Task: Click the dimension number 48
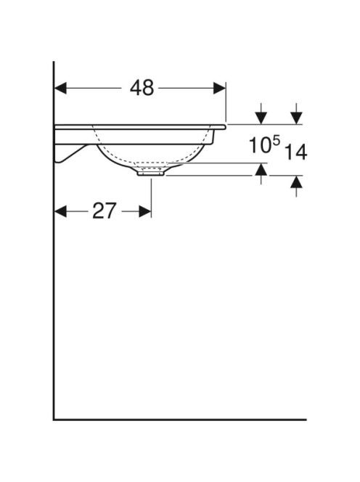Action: pyautogui.click(x=142, y=88)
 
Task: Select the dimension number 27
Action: pyautogui.click(x=105, y=211)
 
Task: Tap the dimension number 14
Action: pyautogui.click(x=295, y=152)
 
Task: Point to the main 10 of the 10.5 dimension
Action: pyautogui.click(x=260, y=145)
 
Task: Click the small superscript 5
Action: pyautogui.click(x=277, y=141)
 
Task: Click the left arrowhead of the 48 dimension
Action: pyautogui.click(x=60, y=89)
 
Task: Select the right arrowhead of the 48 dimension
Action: pyautogui.click(x=219, y=89)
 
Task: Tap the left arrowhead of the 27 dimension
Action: pyautogui.click(x=60, y=211)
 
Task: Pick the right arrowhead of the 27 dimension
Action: pyautogui.click(x=145, y=211)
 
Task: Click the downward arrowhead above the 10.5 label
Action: pyautogui.click(x=261, y=118)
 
